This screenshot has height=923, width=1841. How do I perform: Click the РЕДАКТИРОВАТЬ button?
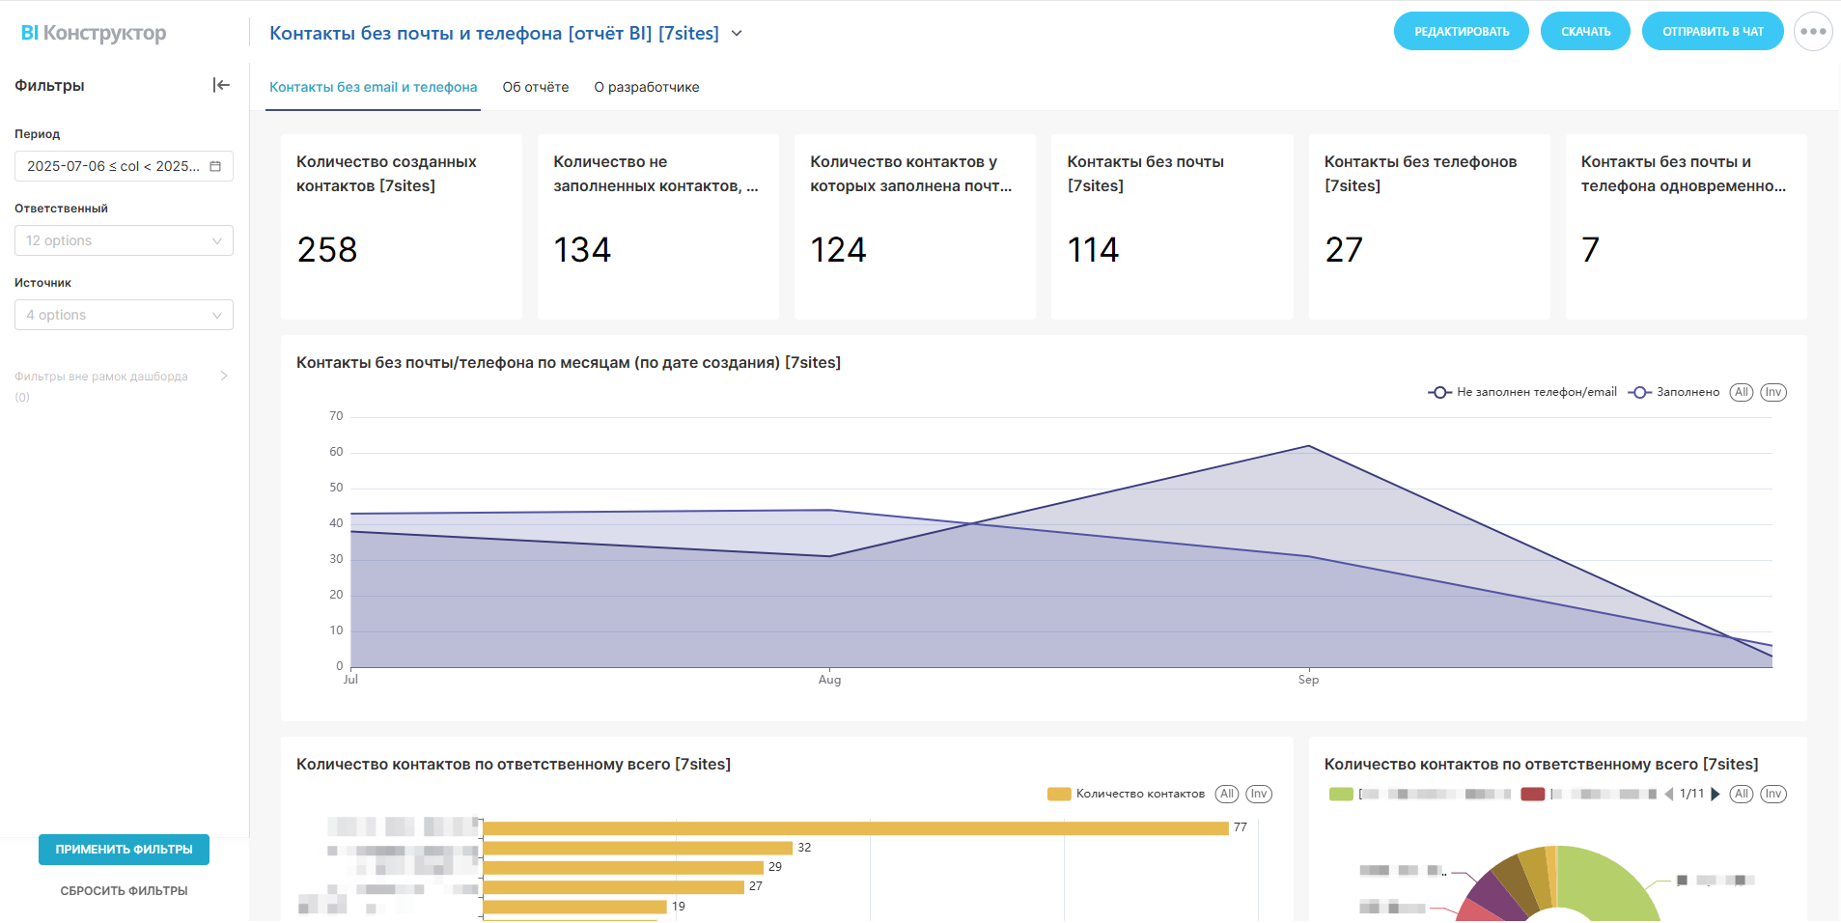(1461, 31)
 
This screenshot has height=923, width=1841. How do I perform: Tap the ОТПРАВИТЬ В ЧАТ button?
(1712, 31)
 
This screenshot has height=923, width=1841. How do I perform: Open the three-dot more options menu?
(1812, 31)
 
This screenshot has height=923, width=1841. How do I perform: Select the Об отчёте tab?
(535, 87)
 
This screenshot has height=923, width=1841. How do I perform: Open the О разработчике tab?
(646, 87)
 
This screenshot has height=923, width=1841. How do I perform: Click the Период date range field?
(124, 166)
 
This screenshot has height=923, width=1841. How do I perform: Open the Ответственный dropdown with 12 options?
(124, 240)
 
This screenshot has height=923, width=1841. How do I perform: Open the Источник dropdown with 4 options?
(124, 315)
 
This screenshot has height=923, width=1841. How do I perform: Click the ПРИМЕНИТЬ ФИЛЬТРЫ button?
(124, 850)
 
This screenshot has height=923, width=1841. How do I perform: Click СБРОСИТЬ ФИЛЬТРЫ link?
(124, 891)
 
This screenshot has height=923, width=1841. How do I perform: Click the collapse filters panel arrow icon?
(221, 85)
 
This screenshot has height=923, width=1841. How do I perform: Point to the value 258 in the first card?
(327, 250)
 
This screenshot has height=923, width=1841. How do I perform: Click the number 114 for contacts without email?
(1093, 250)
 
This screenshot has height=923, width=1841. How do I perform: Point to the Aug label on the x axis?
(829, 680)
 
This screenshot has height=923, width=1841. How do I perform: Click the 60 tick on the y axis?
(336, 452)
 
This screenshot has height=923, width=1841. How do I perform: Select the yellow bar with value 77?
(854, 828)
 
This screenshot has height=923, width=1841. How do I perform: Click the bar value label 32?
(804, 848)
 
